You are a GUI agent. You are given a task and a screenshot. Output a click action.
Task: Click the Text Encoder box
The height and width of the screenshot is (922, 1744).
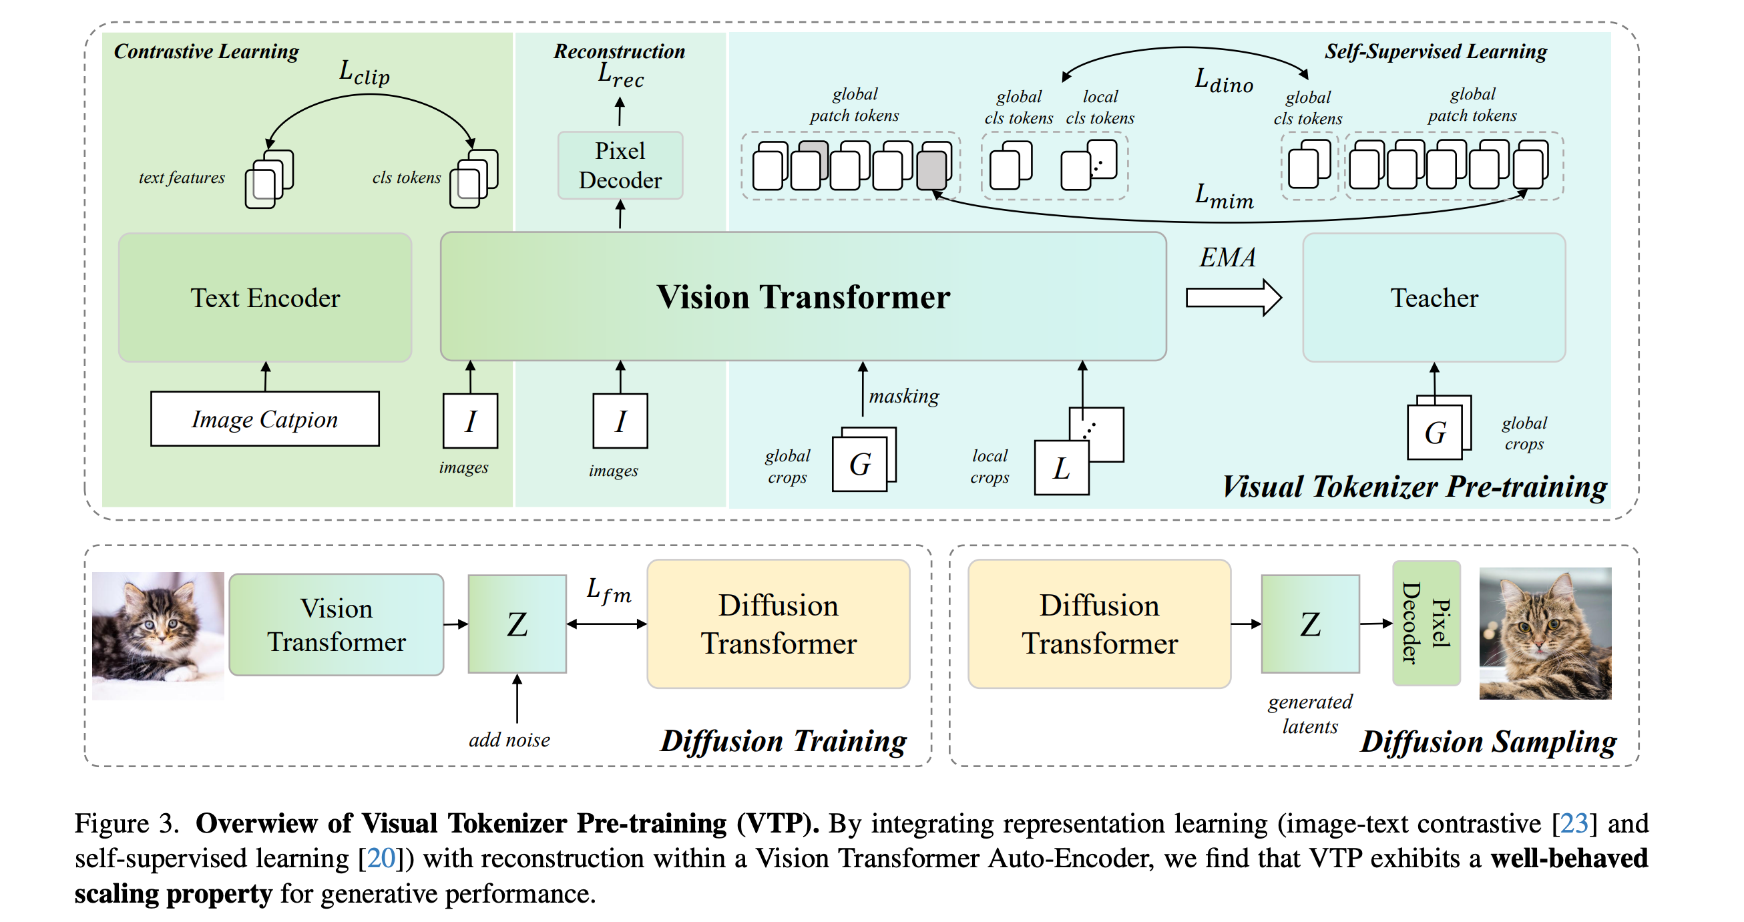point(264,298)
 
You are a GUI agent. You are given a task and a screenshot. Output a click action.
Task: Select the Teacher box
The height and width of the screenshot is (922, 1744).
point(1434,298)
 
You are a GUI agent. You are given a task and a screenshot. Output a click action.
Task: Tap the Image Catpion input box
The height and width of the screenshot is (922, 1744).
point(264,419)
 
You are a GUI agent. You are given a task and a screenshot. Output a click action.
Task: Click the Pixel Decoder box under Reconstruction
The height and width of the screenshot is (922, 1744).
point(620,165)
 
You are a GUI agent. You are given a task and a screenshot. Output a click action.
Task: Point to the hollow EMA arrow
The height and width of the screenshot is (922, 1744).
point(1233,298)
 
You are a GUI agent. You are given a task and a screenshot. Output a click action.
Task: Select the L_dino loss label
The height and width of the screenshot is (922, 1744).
point(1223,81)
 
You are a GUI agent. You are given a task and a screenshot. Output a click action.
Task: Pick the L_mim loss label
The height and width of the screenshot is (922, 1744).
point(1223,196)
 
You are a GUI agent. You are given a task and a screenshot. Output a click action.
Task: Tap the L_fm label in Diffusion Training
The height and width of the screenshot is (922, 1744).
point(608,590)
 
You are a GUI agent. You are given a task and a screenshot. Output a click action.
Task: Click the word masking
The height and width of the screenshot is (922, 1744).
point(904,396)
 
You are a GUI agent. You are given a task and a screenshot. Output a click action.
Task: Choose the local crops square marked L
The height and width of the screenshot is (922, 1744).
point(1061,468)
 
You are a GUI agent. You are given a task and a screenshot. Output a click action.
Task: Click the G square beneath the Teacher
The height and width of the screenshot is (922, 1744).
point(1435,433)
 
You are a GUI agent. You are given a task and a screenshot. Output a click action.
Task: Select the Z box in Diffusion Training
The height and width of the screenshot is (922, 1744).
point(517,624)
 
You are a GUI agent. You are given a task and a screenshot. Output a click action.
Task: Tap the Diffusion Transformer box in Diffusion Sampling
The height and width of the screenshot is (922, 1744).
point(1099,624)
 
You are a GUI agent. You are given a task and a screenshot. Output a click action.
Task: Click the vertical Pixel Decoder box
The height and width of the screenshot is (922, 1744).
point(1426,624)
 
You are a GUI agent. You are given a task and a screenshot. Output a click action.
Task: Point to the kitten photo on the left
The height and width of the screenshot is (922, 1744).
point(158,635)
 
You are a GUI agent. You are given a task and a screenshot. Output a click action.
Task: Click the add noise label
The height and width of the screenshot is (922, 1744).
point(509,740)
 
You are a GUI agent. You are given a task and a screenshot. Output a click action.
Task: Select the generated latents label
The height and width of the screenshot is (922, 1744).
point(1309,714)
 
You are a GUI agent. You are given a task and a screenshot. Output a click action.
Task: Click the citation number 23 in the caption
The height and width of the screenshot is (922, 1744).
point(1573,824)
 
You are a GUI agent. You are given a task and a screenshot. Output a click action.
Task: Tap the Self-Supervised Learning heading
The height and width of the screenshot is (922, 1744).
point(1436,51)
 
